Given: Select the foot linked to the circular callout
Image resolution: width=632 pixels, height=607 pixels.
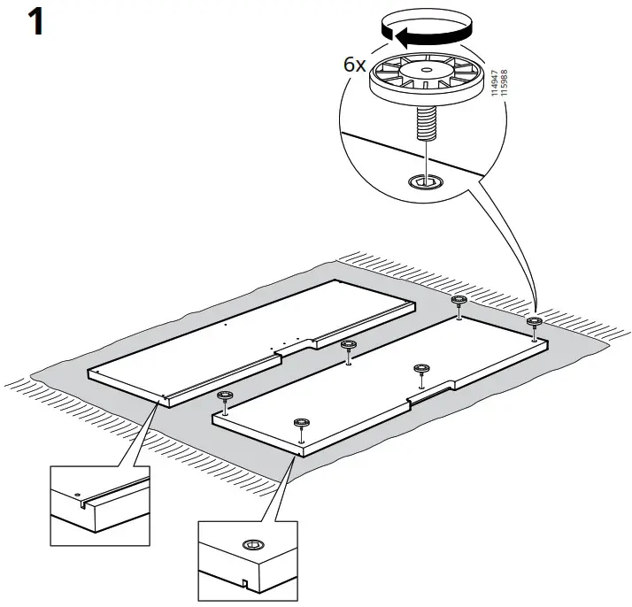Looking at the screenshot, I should (534, 322).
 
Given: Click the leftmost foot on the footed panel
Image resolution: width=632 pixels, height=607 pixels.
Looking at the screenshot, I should (224, 396).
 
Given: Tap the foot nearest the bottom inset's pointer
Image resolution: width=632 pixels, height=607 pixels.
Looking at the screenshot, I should (301, 422).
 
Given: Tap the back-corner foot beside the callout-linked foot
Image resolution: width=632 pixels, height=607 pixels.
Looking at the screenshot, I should (459, 302).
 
